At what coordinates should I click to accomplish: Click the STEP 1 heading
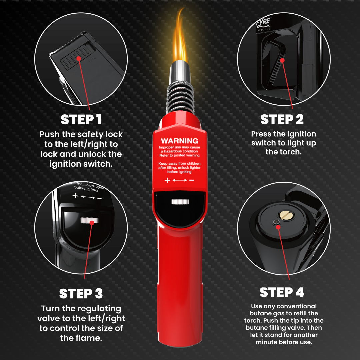tap(81, 120)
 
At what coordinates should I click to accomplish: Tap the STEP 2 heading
tap(282, 120)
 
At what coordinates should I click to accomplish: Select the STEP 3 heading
tap(81, 294)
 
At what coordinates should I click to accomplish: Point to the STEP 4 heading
tap(282, 292)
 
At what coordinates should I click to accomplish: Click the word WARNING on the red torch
tap(179, 141)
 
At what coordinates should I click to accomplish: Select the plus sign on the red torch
tap(167, 180)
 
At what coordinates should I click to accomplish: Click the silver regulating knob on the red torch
tap(180, 202)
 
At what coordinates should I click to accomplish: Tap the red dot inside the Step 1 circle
tap(79, 59)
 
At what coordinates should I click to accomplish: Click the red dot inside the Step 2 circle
tap(282, 60)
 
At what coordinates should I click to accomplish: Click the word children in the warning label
tap(192, 163)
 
